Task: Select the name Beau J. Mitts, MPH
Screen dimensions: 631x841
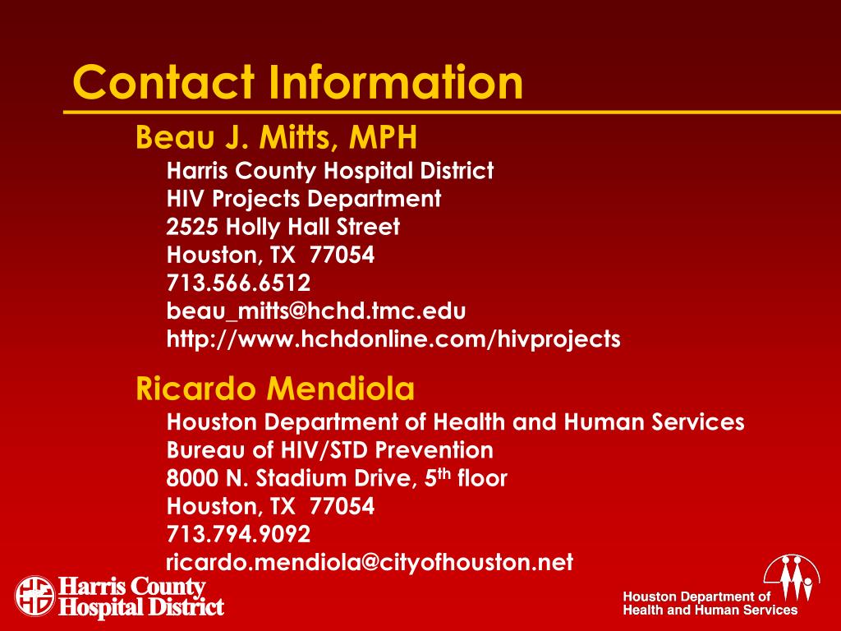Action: pos(276,138)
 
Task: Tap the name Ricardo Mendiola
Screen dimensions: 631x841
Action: pos(274,387)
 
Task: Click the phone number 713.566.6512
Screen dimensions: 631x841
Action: pos(238,283)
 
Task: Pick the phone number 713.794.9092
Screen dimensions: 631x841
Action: pos(238,534)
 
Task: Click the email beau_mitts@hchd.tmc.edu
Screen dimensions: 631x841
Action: pos(316,311)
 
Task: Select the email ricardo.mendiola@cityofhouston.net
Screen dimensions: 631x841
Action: pos(370,562)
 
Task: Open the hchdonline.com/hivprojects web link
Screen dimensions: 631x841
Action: pos(393,339)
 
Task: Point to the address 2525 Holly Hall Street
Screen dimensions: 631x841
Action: pos(283,227)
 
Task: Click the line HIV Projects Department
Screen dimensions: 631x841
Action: pos(304,199)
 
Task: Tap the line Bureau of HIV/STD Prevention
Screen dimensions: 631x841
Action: pos(329,450)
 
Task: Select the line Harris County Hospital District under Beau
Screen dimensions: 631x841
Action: pos(329,171)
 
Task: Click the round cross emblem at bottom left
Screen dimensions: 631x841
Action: pos(34,596)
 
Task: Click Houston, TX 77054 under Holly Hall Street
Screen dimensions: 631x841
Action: pos(270,255)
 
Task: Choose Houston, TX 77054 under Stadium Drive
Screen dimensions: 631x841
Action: pos(270,505)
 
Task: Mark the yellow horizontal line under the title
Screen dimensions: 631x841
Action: pos(452,111)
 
